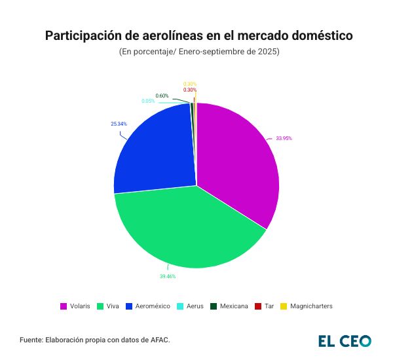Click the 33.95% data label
284,138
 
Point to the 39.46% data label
168,277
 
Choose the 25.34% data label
119,124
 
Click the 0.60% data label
162,96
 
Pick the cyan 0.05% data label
148,101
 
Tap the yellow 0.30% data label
190,84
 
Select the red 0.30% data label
190,90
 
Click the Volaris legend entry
75,306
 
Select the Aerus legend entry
195,306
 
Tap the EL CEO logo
345,340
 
